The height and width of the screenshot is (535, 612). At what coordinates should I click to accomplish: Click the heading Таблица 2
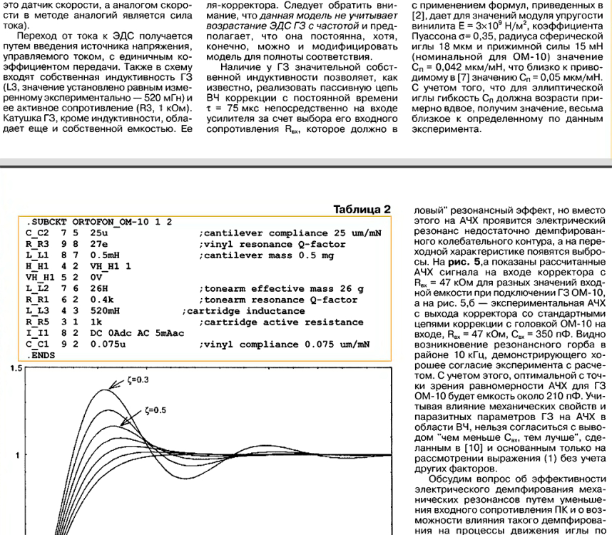(x=362, y=209)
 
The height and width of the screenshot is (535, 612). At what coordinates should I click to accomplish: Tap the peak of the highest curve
(x=106, y=389)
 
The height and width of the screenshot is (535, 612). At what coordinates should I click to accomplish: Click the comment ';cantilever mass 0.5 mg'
(x=262, y=255)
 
